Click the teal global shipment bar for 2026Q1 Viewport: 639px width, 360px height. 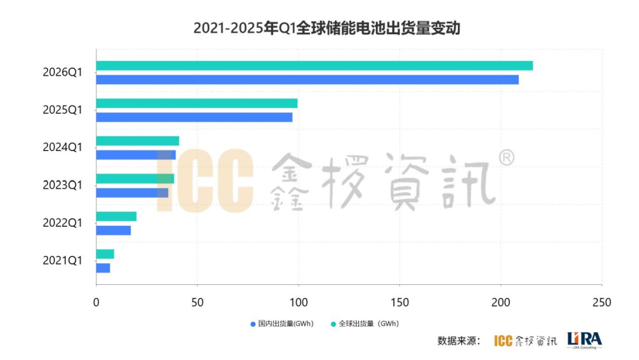coord(314,66)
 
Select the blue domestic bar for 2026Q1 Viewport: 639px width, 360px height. coord(307,79)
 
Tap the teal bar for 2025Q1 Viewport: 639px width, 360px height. coord(196,104)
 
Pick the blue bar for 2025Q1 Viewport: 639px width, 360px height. coord(194,117)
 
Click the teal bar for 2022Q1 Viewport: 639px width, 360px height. coord(116,217)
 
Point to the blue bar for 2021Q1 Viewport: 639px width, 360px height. coord(103,268)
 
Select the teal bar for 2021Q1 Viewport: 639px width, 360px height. coord(105,254)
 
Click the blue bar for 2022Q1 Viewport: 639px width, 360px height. coord(113,230)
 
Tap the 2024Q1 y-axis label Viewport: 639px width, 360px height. coord(62,147)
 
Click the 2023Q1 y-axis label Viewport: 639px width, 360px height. coord(62,185)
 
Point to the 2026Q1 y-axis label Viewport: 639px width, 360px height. coord(62,73)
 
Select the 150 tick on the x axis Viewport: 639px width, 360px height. coord(399,303)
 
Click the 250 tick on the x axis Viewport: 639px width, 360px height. coord(602,303)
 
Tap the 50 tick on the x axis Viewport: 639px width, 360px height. coord(197,303)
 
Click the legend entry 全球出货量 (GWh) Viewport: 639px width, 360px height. coord(365,324)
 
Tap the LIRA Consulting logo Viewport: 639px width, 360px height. coord(584,340)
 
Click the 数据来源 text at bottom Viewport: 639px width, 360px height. coord(459,340)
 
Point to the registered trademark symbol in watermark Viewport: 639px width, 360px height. coord(506,157)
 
